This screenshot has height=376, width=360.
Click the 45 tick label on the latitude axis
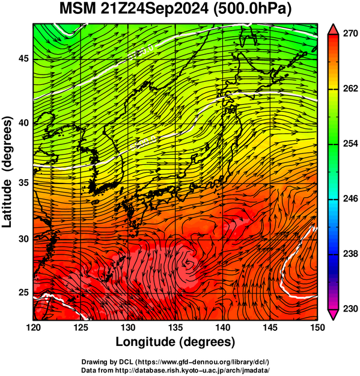coord(23,58)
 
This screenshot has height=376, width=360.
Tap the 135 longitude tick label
coord(175,327)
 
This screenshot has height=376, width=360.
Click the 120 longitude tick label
coord(33,327)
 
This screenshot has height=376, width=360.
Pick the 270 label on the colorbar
coord(350,34)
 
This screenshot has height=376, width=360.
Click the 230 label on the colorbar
coord(350,309)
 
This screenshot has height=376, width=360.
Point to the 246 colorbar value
coord(350,199)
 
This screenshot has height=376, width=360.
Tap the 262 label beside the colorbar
coord(350,88)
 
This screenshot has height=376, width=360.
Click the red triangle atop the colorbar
coord(334,29)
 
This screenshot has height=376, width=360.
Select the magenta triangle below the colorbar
coord(334,315)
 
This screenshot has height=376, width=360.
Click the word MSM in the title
coord(78,9)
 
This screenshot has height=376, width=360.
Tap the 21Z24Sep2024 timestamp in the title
coord(154,9)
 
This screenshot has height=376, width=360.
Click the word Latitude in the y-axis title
coord(7,203)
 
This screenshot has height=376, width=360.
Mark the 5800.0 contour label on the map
coord(143,143)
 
